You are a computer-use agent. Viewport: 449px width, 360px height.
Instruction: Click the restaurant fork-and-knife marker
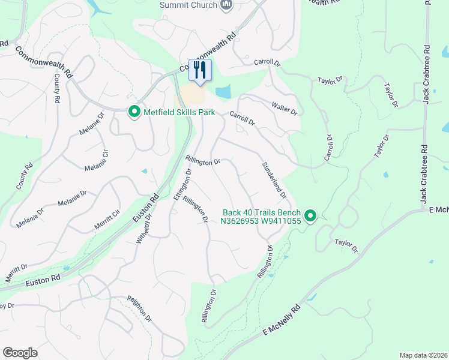coord(200,70)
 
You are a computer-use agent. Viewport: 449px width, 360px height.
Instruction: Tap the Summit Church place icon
coord(226,5)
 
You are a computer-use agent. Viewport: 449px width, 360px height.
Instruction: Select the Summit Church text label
coord(188,5)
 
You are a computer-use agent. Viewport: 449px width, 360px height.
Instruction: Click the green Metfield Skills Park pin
coord(134,112)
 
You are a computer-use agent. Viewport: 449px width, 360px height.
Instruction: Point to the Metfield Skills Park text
coord(179,112)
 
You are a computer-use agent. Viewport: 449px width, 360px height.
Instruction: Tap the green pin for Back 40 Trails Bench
coord(310,215)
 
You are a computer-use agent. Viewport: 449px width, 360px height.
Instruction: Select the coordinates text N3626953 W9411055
coord(260,221)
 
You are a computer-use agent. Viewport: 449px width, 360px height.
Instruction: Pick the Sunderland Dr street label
coord(273,180)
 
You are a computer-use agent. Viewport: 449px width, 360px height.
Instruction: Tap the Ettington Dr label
coord(182,184)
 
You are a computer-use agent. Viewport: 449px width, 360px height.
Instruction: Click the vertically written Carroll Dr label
coord(328,147)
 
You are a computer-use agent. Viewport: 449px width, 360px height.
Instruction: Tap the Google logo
coord(20,353)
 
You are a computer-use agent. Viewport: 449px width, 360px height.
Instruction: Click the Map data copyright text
coord(423,355)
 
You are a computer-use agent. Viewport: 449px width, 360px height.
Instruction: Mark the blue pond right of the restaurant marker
coord(223,92)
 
